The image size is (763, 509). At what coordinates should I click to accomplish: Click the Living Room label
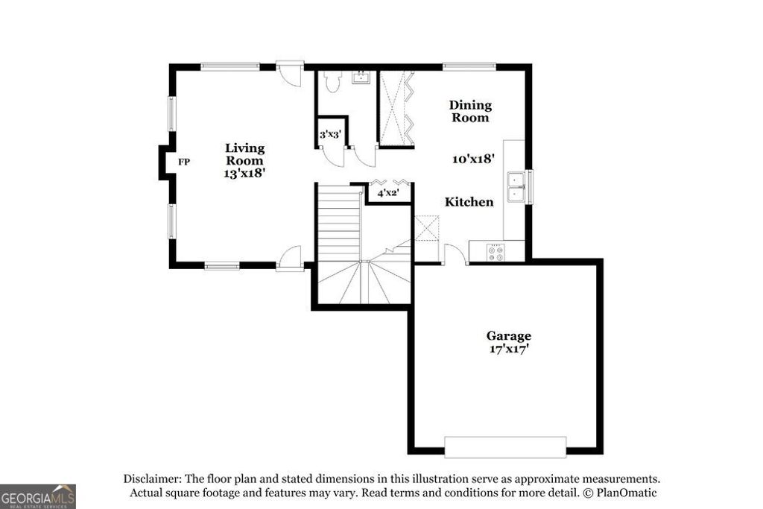point(244,154)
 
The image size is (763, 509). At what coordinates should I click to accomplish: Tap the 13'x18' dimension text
point(244,173)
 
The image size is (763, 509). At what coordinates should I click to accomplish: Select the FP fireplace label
point(183,161)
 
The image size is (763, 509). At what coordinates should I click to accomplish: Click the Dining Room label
point(469,111)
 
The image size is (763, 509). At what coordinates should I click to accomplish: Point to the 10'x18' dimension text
point(474,159)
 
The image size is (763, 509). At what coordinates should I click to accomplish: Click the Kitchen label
point(469,202)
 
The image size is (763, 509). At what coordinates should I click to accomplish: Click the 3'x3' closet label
point(330,135)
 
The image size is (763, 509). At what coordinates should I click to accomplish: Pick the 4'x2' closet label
point(387,193)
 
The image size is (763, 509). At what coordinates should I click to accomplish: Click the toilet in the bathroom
point(332,81)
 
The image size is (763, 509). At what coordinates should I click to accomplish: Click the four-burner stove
point(496,253)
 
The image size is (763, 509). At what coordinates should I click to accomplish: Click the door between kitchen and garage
point(455,255)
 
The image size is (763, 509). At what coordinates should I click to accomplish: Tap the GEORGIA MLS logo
point(37,496)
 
